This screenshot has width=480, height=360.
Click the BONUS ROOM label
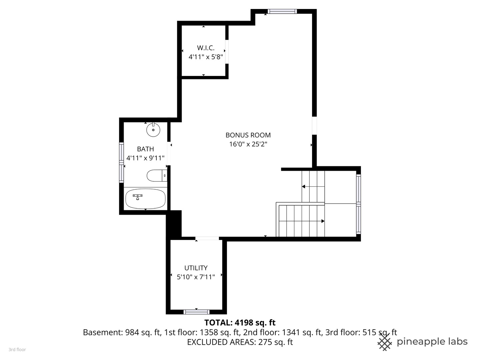[x=248, y=135]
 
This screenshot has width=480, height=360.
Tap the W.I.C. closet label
[x=206, y=48]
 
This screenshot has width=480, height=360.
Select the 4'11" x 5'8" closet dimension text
[x=206, y=57]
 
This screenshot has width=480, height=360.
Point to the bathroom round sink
[x=153, y=130]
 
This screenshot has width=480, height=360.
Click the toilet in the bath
[x=157, y=176]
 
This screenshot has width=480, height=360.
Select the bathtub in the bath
[x=145, y=199]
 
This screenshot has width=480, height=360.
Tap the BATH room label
[x=145, y=149]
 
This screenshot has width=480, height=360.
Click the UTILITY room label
[x=196, y=268]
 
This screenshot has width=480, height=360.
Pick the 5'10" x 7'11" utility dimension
[x=196, y=277]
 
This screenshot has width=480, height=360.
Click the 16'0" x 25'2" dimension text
[x=248, y=144]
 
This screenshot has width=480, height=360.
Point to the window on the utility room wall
[x=196, y=312]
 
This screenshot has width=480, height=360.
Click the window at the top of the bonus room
[x=282, y=11]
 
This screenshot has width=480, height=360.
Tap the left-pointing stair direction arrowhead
[x=304, y=186]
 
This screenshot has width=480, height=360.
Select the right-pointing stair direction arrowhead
[x=323, y=221]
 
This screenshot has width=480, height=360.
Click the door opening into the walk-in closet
[x=227, y=52]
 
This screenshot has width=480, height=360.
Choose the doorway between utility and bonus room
[x=207, y=238]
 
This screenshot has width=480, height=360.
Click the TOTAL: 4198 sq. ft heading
[x=240, y=322]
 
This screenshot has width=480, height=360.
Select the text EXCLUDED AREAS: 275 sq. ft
[x=240, y=342]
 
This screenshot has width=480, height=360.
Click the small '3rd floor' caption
[x=17, y=350]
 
